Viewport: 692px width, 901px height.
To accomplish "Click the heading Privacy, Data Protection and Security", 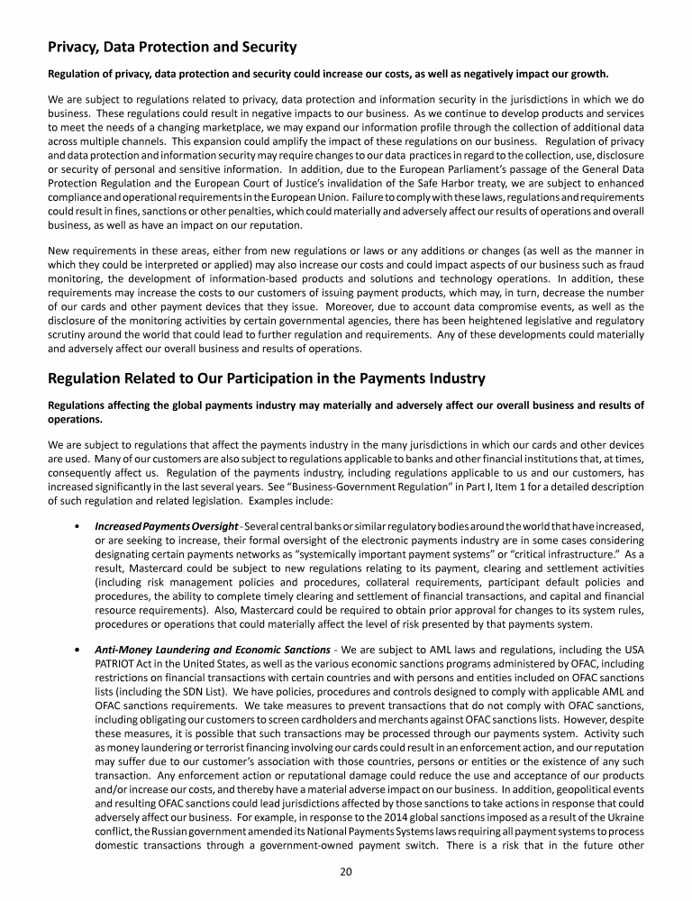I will click(x=172, y=45).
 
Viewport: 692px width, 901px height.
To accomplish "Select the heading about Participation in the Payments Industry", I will click(x=266, y=378).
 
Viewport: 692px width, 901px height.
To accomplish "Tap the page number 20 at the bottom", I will click(x=346, y=870).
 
